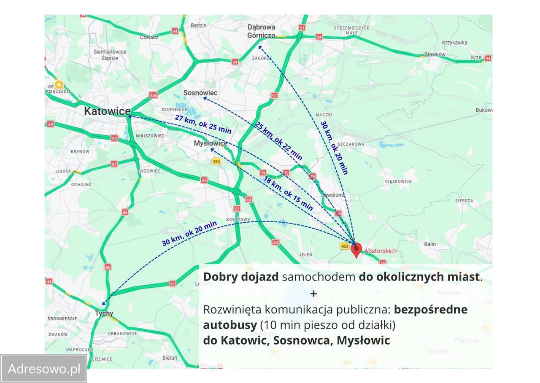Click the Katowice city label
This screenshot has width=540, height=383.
[107, 111]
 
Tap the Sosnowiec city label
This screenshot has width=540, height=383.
[200, 93]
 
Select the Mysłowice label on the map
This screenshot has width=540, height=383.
[211, 143]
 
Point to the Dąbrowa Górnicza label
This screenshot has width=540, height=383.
[261, 32]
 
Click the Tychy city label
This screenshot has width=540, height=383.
[104, 313]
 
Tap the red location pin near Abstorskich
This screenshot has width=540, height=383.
[356, 249]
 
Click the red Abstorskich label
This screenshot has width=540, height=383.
[380, 251]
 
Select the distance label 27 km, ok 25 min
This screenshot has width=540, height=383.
[203, 124]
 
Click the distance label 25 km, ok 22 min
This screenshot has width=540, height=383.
[278, 141]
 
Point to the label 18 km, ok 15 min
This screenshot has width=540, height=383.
[288, 194]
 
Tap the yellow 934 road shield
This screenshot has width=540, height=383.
[216, 162]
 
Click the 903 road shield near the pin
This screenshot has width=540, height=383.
[344, 246]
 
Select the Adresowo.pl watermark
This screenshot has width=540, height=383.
[44, 369]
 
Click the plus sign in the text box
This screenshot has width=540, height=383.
[313, 293]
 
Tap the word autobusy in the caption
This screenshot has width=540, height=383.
[229, 325]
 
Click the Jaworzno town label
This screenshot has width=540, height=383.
[333, 195]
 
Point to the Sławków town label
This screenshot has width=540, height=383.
[435, 54]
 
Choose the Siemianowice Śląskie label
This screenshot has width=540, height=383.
[110, 55]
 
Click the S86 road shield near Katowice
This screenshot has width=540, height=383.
[153, 95]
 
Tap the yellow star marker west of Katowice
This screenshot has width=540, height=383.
[59, 84]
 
